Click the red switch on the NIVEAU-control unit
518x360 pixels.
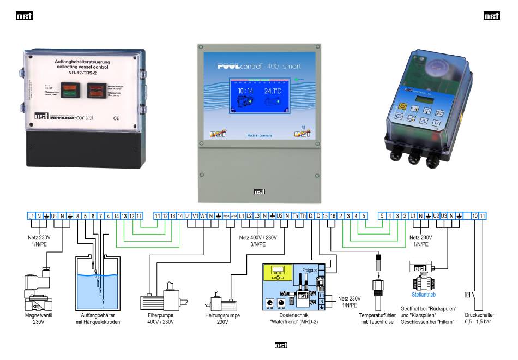(x=98, y=89)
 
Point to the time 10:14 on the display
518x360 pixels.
(x=245, y=92)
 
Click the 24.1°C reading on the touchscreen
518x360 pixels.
(x=276, y=92)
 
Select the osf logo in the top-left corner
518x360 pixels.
(x=24, y=16)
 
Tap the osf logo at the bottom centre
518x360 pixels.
(x=280, y=345)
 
